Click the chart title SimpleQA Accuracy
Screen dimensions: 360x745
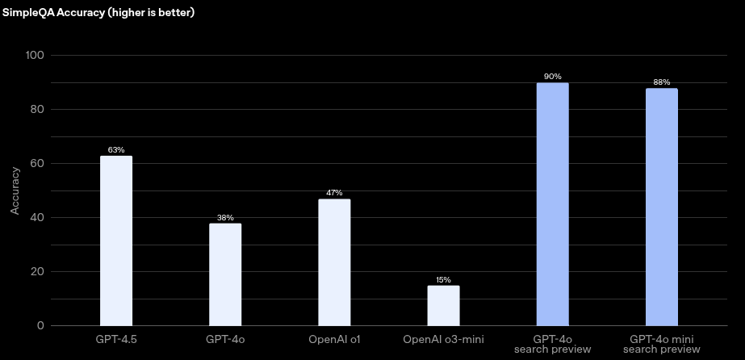click(x=98, y=14)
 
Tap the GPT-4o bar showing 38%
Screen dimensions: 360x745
click(x=225, y=274)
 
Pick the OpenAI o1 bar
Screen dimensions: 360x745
click(x=334, y=262)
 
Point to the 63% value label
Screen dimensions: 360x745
click(x=115, y=150)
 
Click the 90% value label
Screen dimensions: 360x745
click(x=552, y=77)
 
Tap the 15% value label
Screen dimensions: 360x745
click(x=443, y=280)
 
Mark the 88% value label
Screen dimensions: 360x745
click(x=661, y=82)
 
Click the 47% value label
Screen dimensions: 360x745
click(x=334, y=193)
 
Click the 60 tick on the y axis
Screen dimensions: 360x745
click(x=37, y=163)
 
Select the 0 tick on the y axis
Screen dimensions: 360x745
click(x=40, y=325)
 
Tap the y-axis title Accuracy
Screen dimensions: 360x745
click(x=15, y=191)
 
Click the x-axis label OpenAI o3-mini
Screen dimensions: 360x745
click(x=443, y=338)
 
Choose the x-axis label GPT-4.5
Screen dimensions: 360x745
click(x=115, y=338)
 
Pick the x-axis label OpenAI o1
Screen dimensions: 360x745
click(x=334, y=338)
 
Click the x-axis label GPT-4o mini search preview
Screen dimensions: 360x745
click(x=661, y=344)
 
